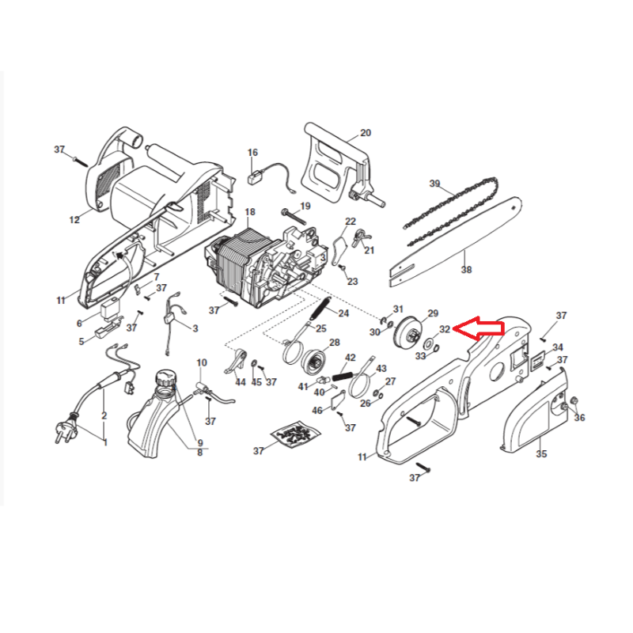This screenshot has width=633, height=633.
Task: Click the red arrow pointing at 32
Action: tap(479, 328)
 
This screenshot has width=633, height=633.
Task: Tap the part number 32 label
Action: tap(445, 329)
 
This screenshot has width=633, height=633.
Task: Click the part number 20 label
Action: tap(366, 133)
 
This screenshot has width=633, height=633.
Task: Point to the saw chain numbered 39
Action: tap(452, 211)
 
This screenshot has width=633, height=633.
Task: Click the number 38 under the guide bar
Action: tap(466, 269)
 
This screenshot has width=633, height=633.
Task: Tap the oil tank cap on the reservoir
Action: tap(166, 379)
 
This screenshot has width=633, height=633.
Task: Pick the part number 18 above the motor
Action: tap(250, 212)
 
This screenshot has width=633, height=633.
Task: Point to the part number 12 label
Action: tap(74, 220)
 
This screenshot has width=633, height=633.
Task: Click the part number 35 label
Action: tap(541, 453)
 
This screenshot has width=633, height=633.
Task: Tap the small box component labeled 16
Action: tap(253, 178)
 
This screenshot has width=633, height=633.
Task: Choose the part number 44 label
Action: tap(241, 381)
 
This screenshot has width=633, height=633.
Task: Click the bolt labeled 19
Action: tap(294, 216)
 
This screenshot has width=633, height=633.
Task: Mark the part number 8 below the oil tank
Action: tap(200, 453)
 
